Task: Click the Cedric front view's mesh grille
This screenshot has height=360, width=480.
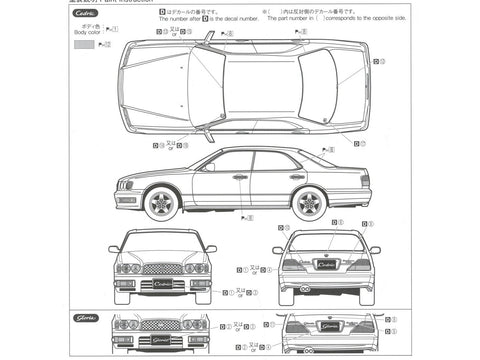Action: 161,267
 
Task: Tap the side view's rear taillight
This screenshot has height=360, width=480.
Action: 365,180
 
